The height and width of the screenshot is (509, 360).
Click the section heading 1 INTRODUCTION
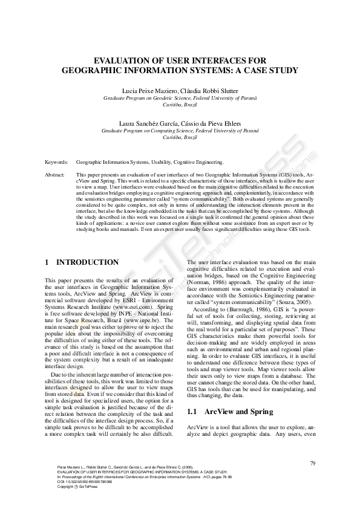pos(82,262)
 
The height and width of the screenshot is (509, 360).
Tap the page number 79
pos(313,463)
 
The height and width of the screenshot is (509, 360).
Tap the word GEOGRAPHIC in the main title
pos(97,70)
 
